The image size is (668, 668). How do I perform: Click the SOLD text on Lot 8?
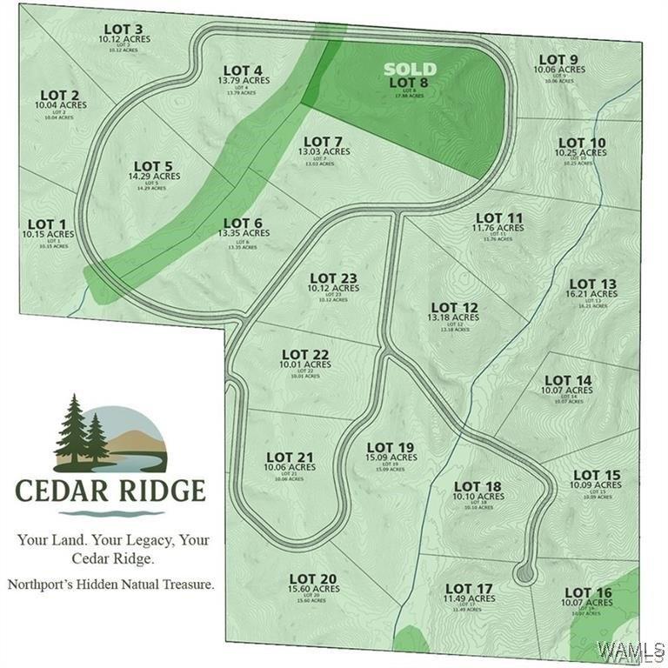click(411, 69)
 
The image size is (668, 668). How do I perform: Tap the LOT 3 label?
click(124, 29)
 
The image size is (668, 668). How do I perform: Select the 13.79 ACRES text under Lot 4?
click(244, 80)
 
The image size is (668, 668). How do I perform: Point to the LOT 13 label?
click(592, 284)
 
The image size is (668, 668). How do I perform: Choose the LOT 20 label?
click(313, 578)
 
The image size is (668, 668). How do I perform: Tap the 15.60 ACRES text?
click(313, 590)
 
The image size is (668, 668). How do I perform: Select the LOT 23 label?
click(333, 278)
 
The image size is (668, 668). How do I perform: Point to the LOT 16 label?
click(587, 593)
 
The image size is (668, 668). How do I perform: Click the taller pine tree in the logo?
click(72, 428)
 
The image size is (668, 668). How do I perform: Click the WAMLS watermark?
click(632, 651)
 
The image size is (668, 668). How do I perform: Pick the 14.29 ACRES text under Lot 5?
click(153, 177)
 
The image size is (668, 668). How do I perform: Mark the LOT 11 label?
click(499, 217)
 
